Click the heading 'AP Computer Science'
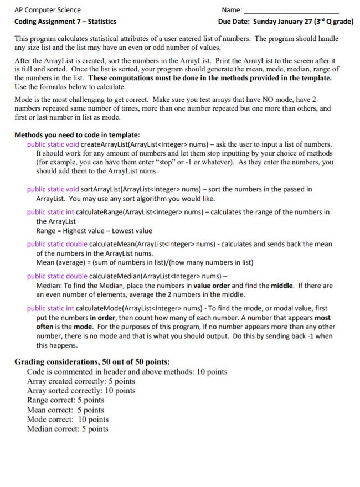(47, 10)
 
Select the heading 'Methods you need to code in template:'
(77, 134)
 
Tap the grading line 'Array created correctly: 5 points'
(81, 381)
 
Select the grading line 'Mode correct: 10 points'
(68, 419)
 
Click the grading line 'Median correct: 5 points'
(68, 429)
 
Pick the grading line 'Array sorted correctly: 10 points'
(81, 391)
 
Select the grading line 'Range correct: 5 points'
(65, 400)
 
